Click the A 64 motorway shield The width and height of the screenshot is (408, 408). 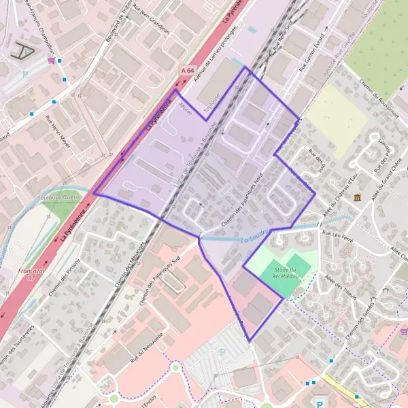pyautogui.click(x=188, y=70)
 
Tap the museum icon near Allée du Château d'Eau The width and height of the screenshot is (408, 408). pyautogui.click(x=358, y=197)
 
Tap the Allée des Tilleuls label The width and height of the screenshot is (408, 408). pyautogui.click(x=338, y=286)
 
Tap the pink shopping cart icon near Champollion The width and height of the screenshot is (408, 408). pyautogui.click(x=51, y=60)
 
